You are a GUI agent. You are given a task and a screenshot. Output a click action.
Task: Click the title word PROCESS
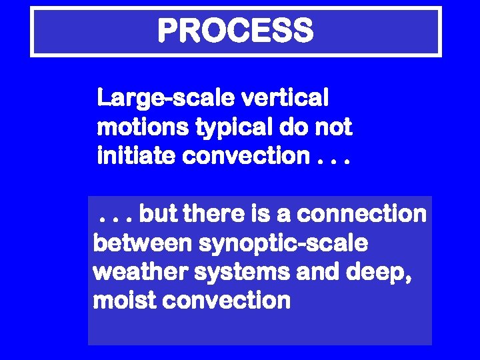click(x=235, y=31)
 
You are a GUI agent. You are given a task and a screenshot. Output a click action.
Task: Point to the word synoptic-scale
click(x=283, y=243)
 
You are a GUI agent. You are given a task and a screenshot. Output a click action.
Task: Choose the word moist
click(x=125, y=301)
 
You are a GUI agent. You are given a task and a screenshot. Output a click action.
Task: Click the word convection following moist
click(x=227, y=301)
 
